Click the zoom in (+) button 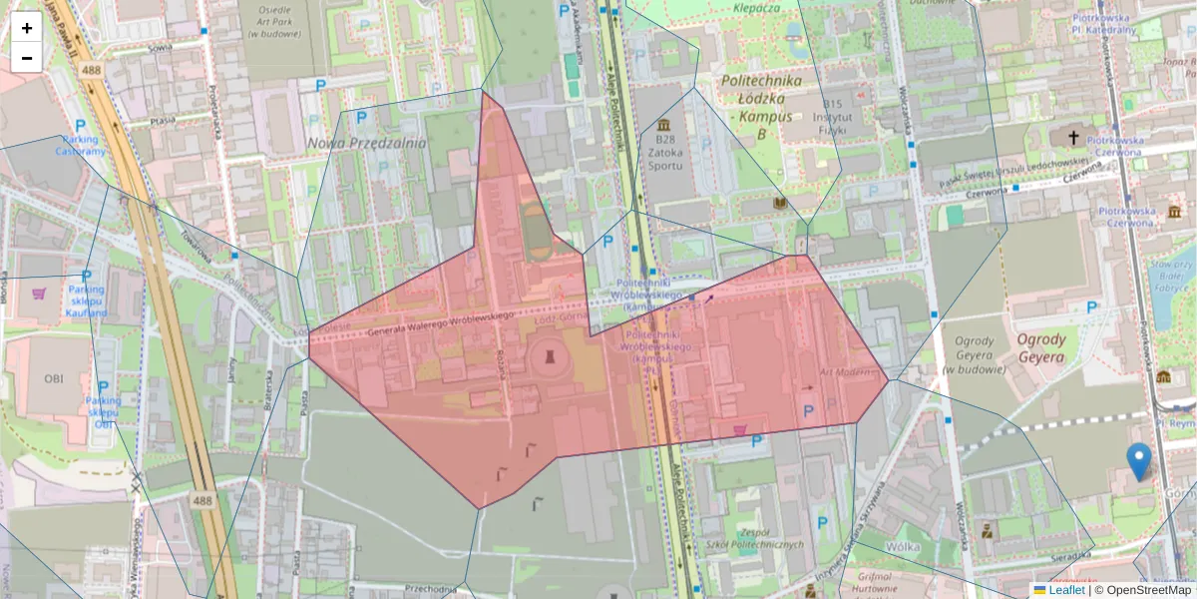point(26,28)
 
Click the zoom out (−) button point(26,58)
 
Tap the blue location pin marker point(1138,462)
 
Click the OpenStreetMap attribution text point(1143,590)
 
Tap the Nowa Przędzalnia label point(366,143)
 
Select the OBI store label point(53,378)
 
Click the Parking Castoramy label point(80,145)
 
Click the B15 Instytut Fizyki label point(838,117)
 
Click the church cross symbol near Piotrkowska point(1073,137)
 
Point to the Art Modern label point(839,370)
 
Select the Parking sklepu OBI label point(103,406)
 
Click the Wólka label point(874,546)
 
